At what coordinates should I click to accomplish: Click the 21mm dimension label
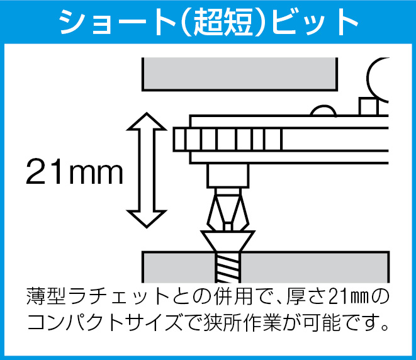[74, 171]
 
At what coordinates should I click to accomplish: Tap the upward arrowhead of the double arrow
[147, 122]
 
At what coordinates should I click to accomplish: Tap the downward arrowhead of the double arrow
[147, 218]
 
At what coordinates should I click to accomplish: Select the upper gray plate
[240, 74]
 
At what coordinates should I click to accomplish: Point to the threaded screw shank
[228, 267]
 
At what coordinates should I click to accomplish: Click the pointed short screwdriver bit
[228, 210]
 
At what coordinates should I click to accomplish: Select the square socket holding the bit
[228, 176]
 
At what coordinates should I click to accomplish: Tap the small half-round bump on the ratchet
[323, 111]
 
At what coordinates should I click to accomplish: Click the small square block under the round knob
[368, 106]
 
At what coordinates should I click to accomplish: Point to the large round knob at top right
[378, 79]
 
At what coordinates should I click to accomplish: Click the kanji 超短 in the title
[223, 22]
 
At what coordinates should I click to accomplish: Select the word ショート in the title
[116, 22]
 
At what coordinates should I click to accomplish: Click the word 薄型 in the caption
[46, 296]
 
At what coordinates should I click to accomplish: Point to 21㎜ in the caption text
[349, 296]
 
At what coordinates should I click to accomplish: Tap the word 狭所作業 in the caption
[242, 323]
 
